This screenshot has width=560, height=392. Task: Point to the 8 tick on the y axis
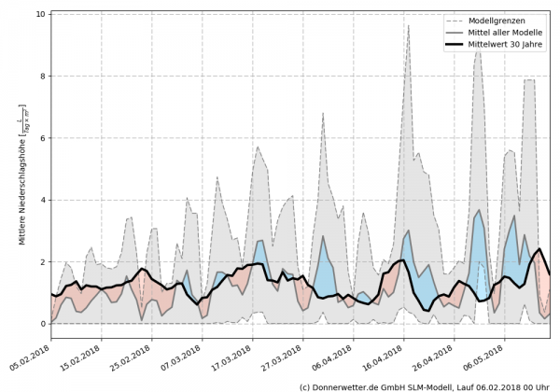coord(41,77)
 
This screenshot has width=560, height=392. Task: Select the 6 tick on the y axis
coord(41,138)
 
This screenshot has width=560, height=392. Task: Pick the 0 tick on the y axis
coord(41,324)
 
